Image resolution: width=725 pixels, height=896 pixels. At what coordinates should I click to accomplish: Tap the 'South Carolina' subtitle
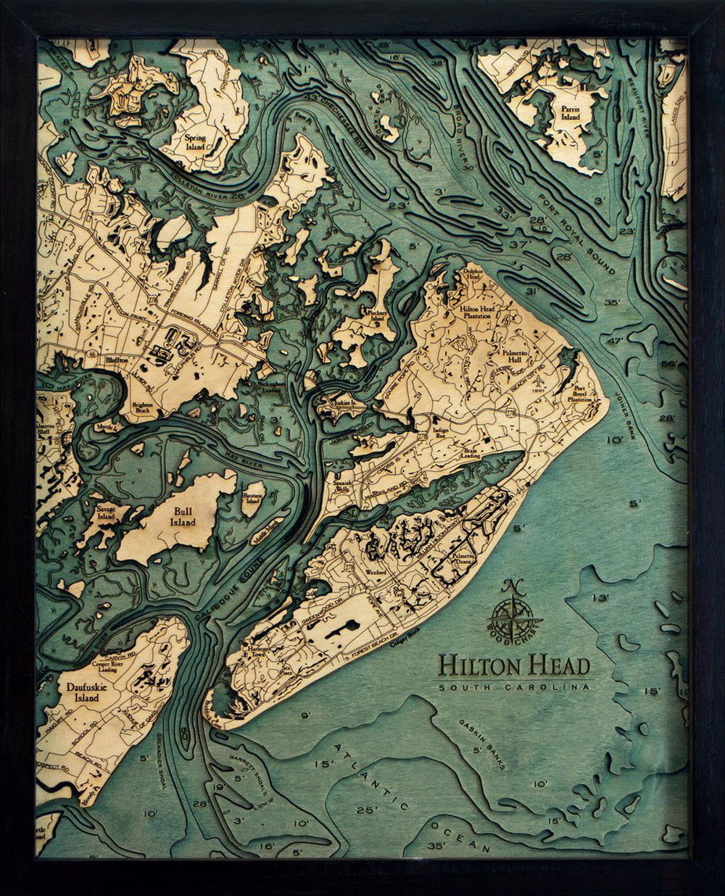514,686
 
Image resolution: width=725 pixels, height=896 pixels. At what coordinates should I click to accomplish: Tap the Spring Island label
195,141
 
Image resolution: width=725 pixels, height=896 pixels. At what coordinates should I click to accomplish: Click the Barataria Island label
252,495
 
